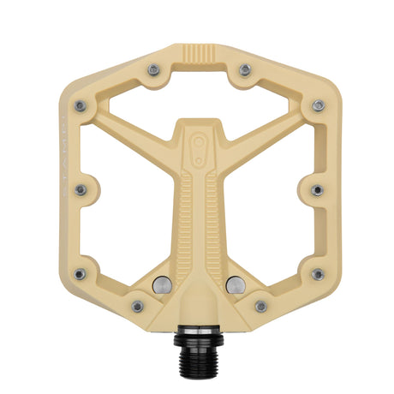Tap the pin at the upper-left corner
tap(80, 106)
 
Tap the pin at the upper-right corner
tap(318, 106)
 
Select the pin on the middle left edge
tap(81, 189)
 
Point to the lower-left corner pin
tap(80, 274)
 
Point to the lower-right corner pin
tap(318, 274)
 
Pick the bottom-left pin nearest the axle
tap(137, 306)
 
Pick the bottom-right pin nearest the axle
tap(260, 306)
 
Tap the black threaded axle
tap(198, 355)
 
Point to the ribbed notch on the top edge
tap(198, 58)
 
